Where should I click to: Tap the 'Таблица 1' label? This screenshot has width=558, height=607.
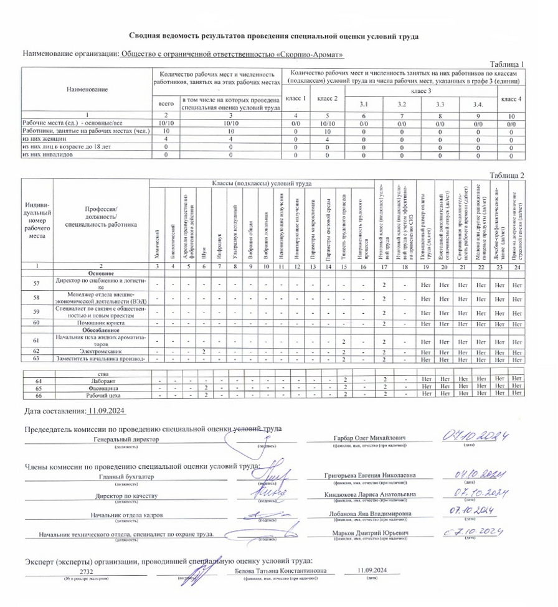[508, 64]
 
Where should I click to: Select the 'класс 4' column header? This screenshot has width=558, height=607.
[511, 99]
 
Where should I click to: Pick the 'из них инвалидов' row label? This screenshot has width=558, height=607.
[47, 155]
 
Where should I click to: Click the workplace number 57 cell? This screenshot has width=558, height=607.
[37, 284]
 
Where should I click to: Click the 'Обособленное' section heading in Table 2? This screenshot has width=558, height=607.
[101, 330]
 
